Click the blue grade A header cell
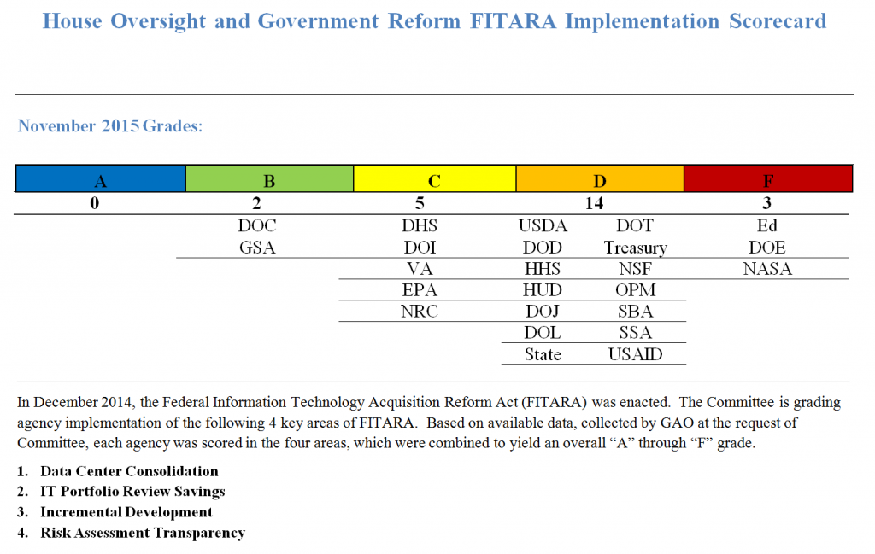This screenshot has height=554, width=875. tap(101, 180)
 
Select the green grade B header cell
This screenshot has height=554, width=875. tap(269, 180)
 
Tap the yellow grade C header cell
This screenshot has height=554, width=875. tap(434, 180)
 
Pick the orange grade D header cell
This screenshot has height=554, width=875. tap(600, 180)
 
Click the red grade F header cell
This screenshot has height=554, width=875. tap(767, 180)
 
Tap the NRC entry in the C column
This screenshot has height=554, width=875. tap(420, 312)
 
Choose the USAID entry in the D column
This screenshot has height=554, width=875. tap(635, 354)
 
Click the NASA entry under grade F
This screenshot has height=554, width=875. tap(767, 269)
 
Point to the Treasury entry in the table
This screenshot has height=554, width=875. tap(635, 248)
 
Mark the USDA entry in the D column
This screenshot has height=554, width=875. tap(543, 226)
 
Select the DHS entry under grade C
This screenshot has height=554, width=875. tap(420, 226)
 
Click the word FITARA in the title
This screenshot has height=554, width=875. tap(512, 20)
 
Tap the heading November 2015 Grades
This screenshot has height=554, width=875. tap(110, 126)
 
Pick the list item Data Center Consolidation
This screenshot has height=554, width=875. tap(129, 471)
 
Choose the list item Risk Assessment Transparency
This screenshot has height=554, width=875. tap(143, 533)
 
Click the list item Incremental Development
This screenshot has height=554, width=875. tap(126, 512)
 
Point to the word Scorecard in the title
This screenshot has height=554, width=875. tap(778, 20)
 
